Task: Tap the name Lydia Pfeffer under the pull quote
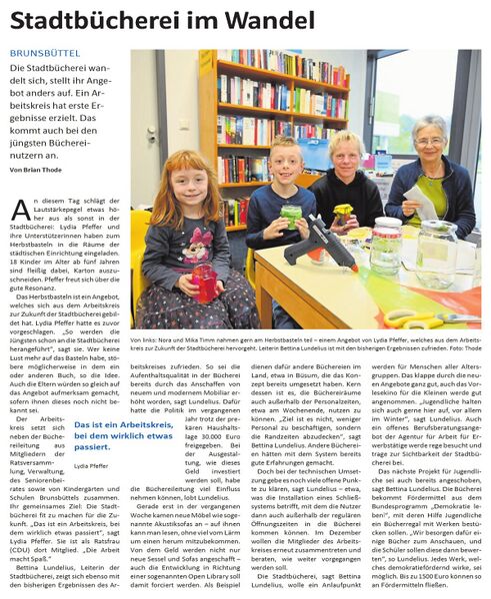tap(91, 465)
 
